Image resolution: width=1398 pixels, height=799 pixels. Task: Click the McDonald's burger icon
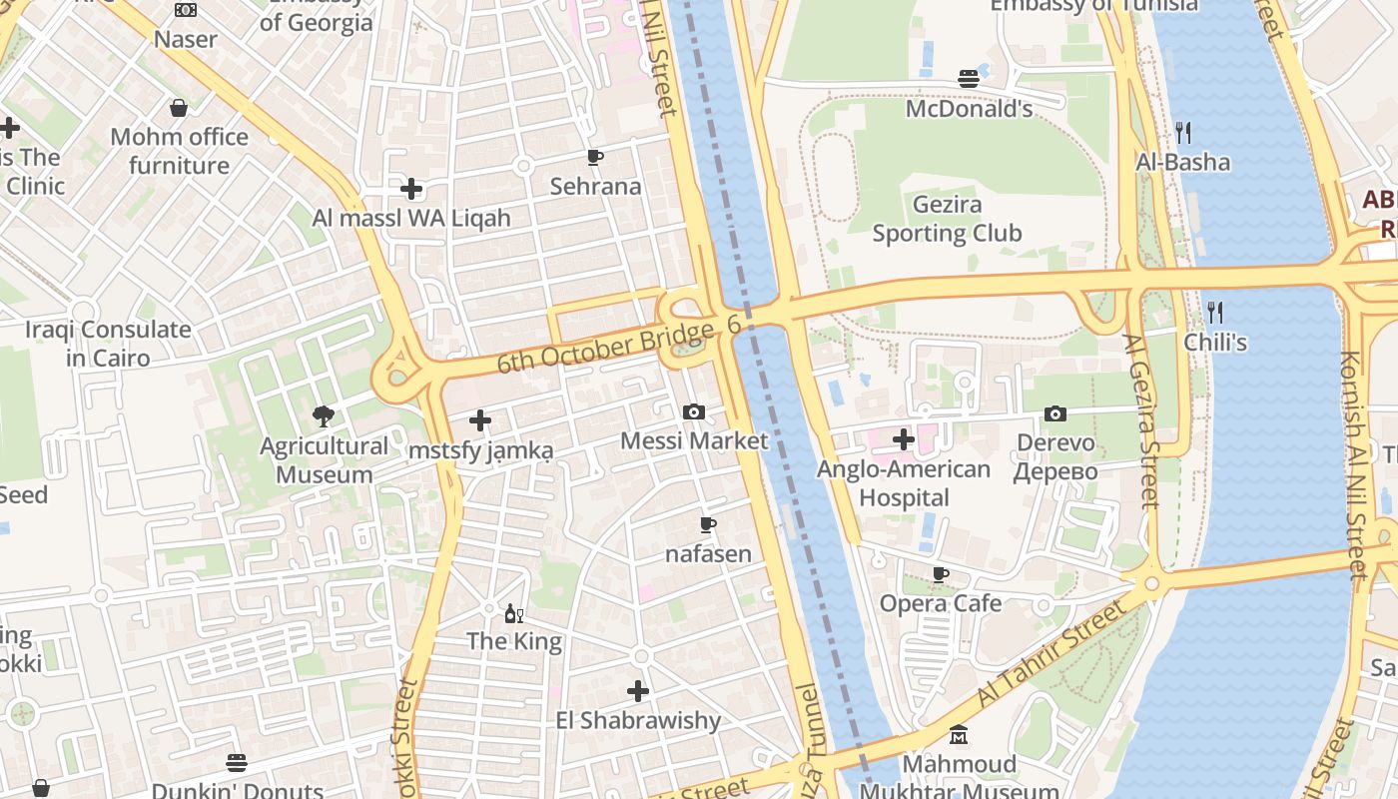(x=968, y=78)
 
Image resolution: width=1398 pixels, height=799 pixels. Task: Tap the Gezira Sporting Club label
(x=947, y=220)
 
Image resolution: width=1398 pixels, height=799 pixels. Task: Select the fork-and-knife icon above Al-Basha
(x=1183, y=132)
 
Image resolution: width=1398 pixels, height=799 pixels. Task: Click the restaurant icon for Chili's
(x=1214, y=312)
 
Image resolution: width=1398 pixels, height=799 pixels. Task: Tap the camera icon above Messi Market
(x=694, y=411)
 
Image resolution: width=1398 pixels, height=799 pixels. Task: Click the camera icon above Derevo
(x=1055, y=413)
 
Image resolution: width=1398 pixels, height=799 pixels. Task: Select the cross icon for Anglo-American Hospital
(x=904, y=438)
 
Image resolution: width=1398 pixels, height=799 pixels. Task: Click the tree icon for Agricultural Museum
(x=323, y=415)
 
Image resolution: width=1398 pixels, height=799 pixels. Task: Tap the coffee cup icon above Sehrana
(x=595, y=157)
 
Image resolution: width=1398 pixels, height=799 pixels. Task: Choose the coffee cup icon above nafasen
(x=708, y=524)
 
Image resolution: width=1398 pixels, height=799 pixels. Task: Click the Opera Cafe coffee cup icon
(x=941, y=574)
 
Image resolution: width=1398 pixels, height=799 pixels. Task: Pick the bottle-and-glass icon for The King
(x=514, y=613)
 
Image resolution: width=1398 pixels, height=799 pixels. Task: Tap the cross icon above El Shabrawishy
(x=638, y=690)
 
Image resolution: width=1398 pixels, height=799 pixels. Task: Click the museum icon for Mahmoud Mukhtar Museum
(x=959, y=736)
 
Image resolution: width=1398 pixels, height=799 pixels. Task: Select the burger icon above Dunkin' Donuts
(x=237, y=763)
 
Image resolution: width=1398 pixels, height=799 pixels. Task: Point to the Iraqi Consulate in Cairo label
(x=108, y=344)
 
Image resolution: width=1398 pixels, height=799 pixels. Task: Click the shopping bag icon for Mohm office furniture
(x=179, y=108)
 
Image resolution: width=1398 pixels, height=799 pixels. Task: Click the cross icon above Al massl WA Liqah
(x=411, y=188)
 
